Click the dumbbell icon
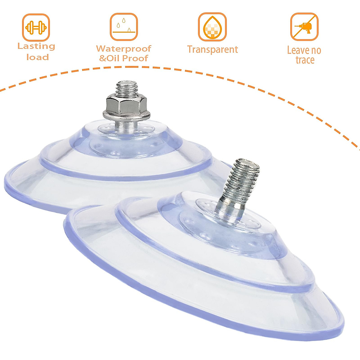click(x=36, y=28)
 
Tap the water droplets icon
click(x=124, y=27)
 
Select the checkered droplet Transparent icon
click(x=212, y=27)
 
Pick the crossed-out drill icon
click(x=304, y=27)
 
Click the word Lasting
click(x=36, y=46)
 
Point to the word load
click(x=37, y=57)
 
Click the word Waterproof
click(x=124, y=49)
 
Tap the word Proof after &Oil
click(x=135, y=58)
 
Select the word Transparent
click(x=212, y=49)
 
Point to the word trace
click(x=305, y=60)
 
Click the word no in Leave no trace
click(x=315, y=50)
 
